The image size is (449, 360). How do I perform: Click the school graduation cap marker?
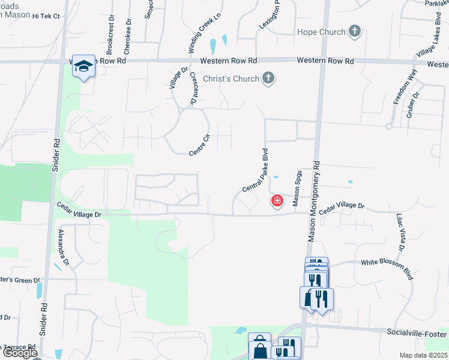click(83, 65)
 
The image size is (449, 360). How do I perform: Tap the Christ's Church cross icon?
click(268, 79)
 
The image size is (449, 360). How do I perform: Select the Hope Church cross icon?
click(355, 32)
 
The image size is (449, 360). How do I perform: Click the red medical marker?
click(277, 201)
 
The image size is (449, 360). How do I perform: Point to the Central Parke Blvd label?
click(255, 171)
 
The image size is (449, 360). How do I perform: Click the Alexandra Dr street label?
click(63, 247)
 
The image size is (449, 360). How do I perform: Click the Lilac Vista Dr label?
click(400, 232)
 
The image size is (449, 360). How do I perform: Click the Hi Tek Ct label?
click(46, 16)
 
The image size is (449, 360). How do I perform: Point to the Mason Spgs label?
click(297, 188)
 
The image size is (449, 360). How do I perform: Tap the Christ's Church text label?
click(231, 79)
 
